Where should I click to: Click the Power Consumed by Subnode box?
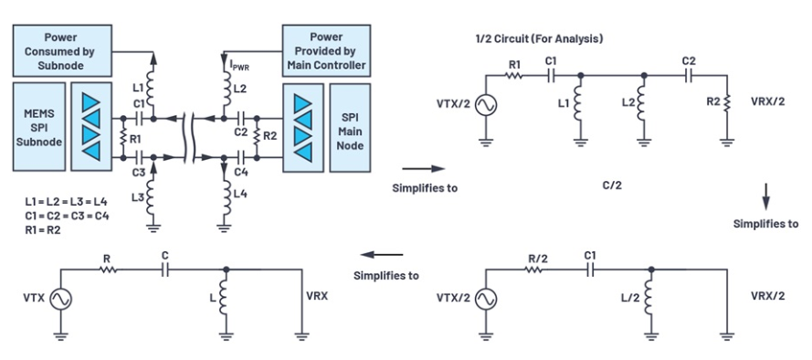pyautogui.click(x=61, y=51)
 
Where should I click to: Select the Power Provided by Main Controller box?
pyautogui.click(x=326, y=51)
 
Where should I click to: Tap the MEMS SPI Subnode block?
pyautogui.click(x=39, y=126)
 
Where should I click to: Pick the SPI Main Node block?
pyautogui.click(x=350, y=127)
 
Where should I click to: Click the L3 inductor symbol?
pyautogui.click(x=153, y=196)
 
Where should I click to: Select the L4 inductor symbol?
pyautogui.click(x=224, y=196)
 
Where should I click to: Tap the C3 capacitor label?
pyautogui.click(x=138, y=172)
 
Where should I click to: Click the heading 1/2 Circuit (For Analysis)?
pyautogui.click(x=539, y=38)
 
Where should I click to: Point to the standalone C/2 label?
pyautogui.click(x=611, y=185)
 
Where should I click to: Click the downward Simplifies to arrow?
pyautogui.click(x=767, y=196)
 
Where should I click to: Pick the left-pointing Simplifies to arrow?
pyautogui.click(x=382, y=254)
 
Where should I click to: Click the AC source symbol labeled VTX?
pyautogui.click(x=61, y=299)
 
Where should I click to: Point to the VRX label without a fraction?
pyautogui.click(x=317, y=296)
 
